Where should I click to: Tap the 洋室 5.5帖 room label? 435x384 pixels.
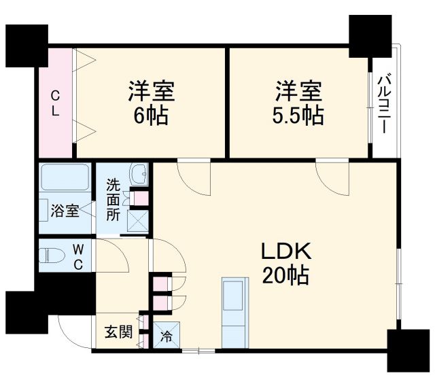pyautogui.click(x=294, y=102)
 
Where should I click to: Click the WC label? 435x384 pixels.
pyautogui.click(x=77, y=257)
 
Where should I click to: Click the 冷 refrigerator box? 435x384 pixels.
pyautogui.click(x=165, y=334)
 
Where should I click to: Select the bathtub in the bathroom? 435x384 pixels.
pyautogui.click(x=65, y=178)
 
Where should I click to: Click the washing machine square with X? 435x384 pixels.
pyautogui.click(x=139, y=220)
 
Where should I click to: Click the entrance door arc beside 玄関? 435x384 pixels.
pyautogui.click(x=71, y=333)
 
